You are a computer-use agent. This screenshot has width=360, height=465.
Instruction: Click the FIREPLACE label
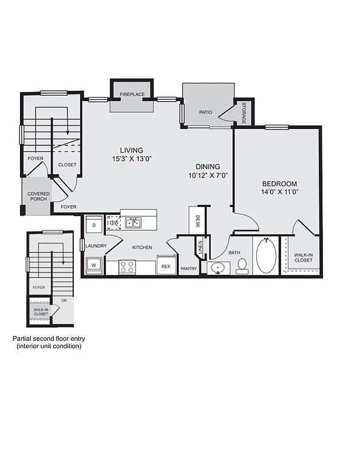pyautogui.click(x=132, y=94)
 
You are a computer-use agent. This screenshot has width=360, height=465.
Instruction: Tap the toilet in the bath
pyautogui.click(x=242, y=266)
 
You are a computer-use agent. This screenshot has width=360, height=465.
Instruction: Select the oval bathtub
pyautogui.click(x=266, y=256)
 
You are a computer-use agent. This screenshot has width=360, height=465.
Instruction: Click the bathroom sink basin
pyautogui.click(x=218, y=268)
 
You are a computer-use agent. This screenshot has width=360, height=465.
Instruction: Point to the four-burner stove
pyautogui.click(x=127, y=266)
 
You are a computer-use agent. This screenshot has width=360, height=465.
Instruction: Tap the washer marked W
pyautogui.click(x=94, y=265)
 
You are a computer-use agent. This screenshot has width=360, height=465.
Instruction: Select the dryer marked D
pyautogui.click(x=94, y=225)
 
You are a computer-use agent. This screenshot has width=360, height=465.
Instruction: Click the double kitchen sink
pyautogui.click(x=133, y=223)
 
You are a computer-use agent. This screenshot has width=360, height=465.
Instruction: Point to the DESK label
pyautogui.click(x=198, y=221)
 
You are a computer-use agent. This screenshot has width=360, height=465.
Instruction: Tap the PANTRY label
pyautogui.click(x=188, y=269)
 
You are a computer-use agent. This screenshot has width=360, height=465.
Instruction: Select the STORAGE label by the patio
pyautogui.click(x=244, y=113)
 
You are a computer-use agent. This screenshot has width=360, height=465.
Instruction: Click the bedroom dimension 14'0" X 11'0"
pyautogui.click(x=279, y=192)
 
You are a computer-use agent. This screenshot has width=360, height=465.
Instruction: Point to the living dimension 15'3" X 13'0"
pyautogui.click(x=132, y=159)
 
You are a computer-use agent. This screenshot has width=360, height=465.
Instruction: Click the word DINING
pyautogui.click(x=208, y=167)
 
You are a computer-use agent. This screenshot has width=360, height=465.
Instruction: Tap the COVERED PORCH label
pyautogui.click(x=39, y=196)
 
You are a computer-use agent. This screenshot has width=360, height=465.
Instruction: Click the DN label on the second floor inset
pyautogui.click(x=64, y=300)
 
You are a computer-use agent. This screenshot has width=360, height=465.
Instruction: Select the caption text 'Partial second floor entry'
pyautogui.click(x=48, y=338)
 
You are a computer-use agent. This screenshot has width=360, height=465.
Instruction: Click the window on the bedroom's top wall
pyautogui.click(x=277, y=127)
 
